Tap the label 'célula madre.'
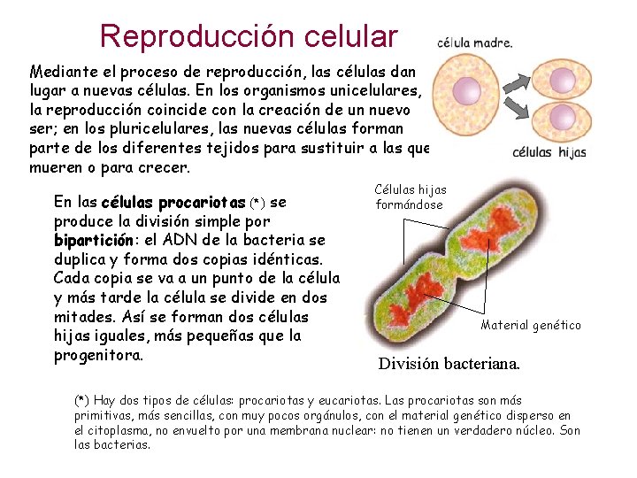(x=475, y=42)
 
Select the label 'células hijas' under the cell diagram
(x=549, y=152)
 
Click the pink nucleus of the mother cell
(x=466, y=90)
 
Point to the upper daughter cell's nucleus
(x=558, y=80)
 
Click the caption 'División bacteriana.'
(x=449, y=364)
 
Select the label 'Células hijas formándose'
(x=411, y=197)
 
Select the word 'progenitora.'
(x=98, y=355)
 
